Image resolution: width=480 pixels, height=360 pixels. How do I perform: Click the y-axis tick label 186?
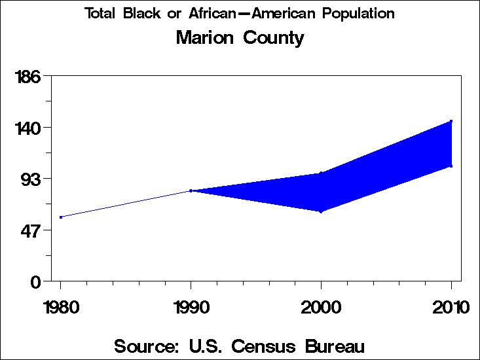[28, 77]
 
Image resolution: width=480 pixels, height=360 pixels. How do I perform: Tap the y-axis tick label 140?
[28, 128]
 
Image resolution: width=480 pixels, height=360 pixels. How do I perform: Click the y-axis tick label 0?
[37, 281]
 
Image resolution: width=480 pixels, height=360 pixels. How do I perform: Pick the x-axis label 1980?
[60, 307]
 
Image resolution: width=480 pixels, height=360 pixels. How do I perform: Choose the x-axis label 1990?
[191, 307]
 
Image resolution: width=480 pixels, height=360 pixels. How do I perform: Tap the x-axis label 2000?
[321, 307]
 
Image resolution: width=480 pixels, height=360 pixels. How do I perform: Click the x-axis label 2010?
[451, 307]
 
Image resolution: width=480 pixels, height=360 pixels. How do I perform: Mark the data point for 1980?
[61, 217]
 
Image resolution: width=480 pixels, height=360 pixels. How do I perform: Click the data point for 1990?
[191, 190]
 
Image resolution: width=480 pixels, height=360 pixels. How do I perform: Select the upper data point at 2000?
[321, 173]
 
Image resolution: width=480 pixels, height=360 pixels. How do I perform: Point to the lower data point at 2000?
[321, 211]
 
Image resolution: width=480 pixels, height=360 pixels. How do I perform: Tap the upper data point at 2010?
[451, 121]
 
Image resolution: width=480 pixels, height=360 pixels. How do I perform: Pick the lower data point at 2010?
[451, 166]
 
